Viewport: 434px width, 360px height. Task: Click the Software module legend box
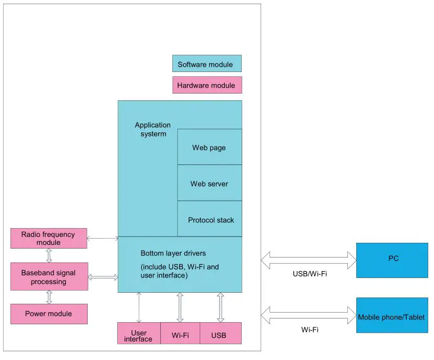pos(206,64)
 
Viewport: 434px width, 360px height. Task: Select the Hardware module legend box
pos(207,85)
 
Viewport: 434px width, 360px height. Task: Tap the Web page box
pos(209,147)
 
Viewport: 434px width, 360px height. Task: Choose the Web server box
pos(209,183)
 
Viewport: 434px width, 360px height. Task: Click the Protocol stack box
pos(210,219)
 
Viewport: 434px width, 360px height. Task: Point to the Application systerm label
pos(152,129)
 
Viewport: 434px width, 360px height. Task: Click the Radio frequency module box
pos(48,238)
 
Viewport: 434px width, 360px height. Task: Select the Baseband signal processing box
pos(49,276)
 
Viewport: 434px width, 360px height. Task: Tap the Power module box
pos(49,314)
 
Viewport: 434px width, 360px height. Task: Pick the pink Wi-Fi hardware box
pos(180,334)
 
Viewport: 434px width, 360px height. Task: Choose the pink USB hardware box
pos(220,334)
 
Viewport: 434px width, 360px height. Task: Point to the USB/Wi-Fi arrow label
pos(309,274)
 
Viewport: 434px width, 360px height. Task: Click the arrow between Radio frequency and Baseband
pos(49,255)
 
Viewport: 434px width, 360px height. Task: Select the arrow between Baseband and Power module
pos(49,296)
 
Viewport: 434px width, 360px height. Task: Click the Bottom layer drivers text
pos(173,253)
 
